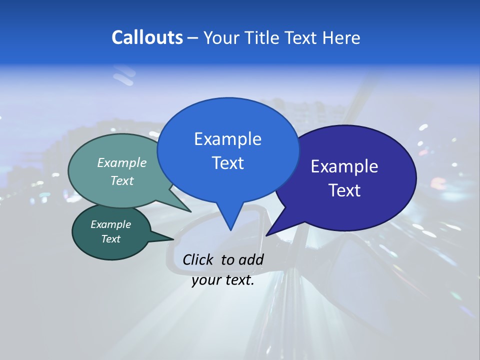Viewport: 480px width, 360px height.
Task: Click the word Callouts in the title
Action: (147, 37)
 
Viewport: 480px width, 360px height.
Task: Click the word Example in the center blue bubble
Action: (227, 139)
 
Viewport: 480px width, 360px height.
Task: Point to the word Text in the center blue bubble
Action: (227, 163)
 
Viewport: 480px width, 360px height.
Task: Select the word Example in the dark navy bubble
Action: (344, 166)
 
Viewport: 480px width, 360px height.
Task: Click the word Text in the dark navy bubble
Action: (344, 190)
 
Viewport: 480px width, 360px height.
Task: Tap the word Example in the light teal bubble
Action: (122, 162)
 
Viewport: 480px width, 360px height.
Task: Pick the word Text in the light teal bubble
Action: (122, 180)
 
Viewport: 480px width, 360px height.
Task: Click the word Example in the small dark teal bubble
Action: (110, 224)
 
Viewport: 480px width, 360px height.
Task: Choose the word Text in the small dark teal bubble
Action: (110, 239)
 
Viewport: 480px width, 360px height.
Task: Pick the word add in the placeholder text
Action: (251, 259)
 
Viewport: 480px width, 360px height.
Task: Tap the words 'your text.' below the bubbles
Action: (222, 280)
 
